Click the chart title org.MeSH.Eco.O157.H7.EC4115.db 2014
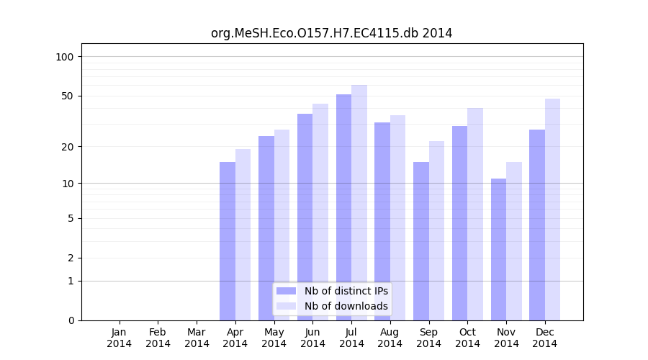(331, 33)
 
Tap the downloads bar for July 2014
(359, 202)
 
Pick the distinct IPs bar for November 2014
(498, 249)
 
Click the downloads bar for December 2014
(552, 210)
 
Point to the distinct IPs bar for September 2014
(421, 241)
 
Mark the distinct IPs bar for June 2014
(305, 217)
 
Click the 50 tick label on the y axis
(68, 96)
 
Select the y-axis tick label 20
(68, 147)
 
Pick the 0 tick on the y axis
(71, 320)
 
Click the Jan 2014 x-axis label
(120, 338)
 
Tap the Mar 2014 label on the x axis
(197, 338)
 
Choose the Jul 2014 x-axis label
(351, 338)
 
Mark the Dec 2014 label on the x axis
(545, 338)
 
